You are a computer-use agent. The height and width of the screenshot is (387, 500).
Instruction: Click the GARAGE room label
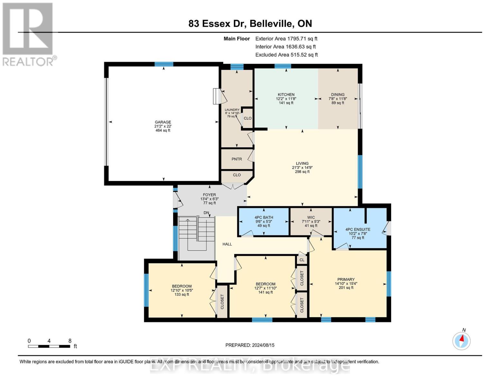[163, 122]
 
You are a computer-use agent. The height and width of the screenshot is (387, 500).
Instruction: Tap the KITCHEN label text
[286, 94]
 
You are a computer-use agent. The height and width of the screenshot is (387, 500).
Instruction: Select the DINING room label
[337, 94]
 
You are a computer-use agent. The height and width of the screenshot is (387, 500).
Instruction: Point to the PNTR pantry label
[237, 159]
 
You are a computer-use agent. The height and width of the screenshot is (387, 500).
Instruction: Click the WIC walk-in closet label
[311, 217]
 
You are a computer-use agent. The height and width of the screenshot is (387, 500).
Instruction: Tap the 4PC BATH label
[264, 217]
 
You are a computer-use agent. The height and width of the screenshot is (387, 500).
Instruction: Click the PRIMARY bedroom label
[346, 279]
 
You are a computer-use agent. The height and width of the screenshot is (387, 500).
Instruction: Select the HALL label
[227, 244]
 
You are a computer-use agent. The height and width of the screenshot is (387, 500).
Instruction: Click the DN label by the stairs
[206, 213]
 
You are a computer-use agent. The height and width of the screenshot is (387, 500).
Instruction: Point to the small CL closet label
[302, 260]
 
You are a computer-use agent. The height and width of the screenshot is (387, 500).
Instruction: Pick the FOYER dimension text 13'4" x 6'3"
[209, 199]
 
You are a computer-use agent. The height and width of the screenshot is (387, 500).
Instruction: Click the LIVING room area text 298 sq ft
[302, 172]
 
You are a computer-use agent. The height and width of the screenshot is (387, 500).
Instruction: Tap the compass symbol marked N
[461, 340]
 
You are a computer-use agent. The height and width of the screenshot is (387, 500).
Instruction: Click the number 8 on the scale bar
[70, 341]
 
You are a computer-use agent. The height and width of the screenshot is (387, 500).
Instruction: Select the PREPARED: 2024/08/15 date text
[250, 345]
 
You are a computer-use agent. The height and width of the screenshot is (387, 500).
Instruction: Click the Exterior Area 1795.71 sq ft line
[286, 39]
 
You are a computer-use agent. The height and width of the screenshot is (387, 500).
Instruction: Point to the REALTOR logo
[28, 34]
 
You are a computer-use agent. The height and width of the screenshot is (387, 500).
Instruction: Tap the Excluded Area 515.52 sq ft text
[287, 55]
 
